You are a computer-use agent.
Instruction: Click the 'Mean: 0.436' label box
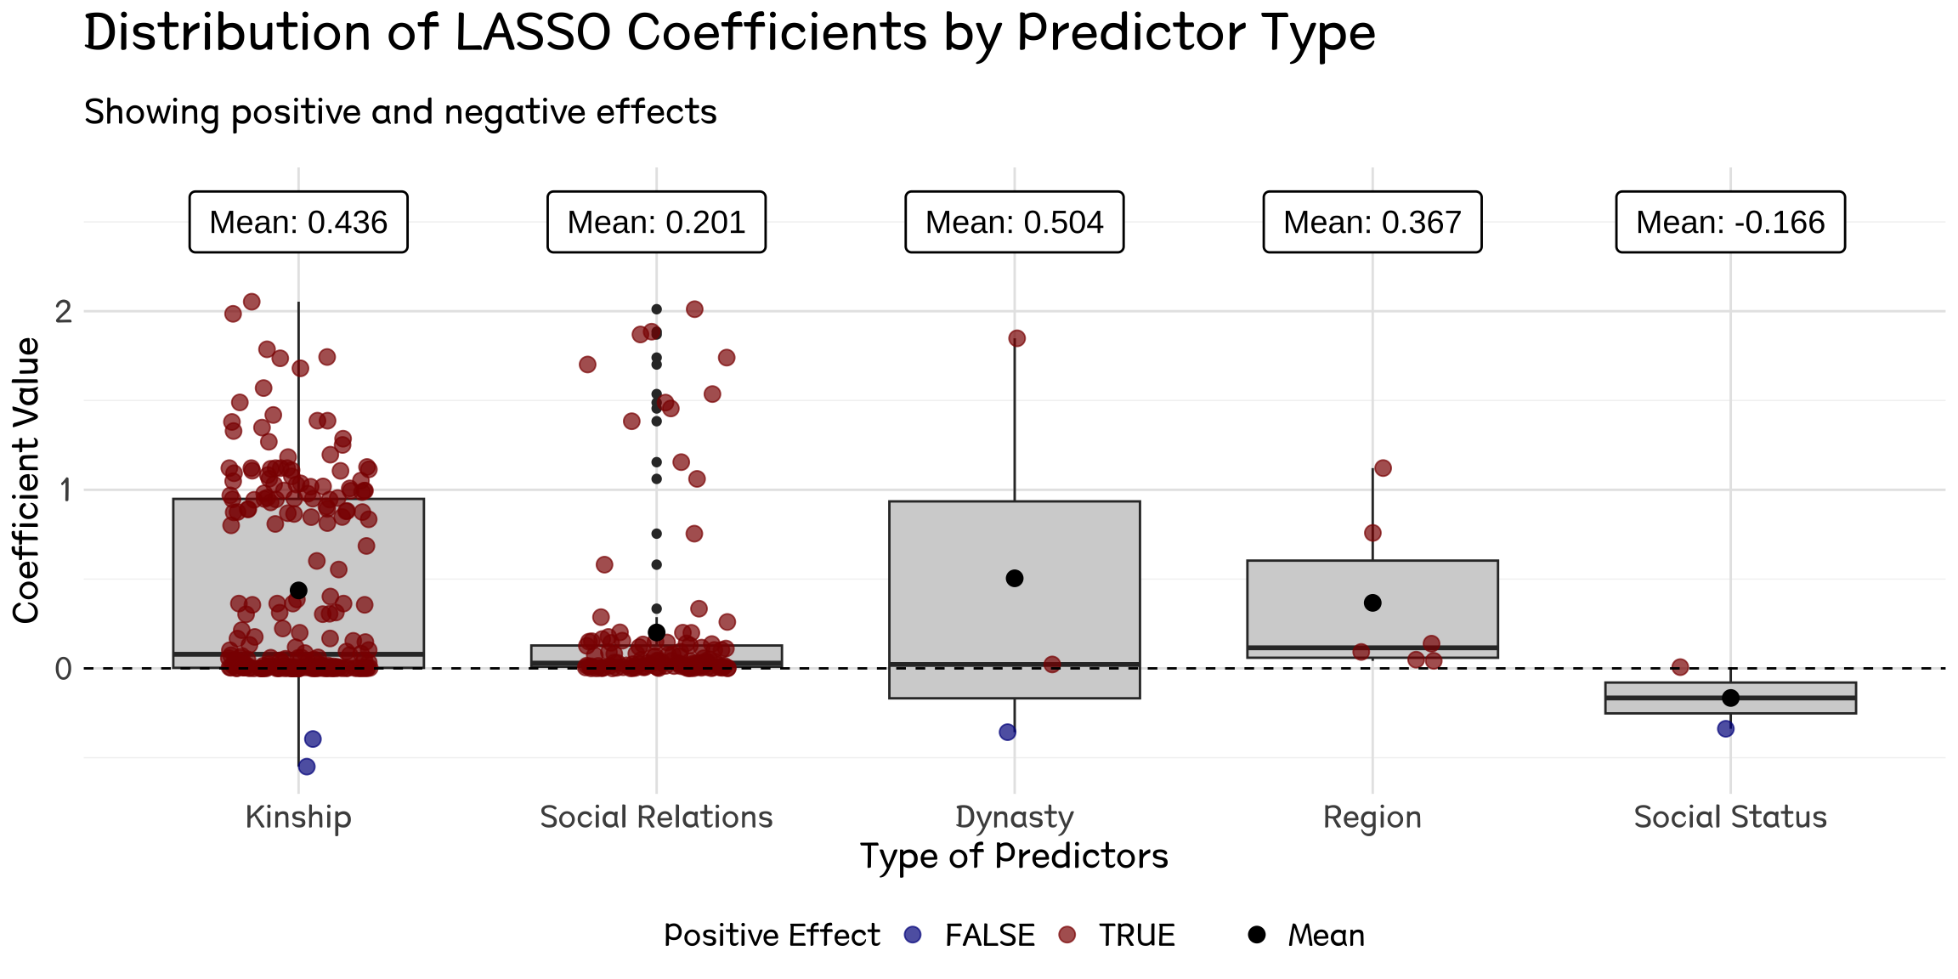(298, 222)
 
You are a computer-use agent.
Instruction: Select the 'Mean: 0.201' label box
(656, 222)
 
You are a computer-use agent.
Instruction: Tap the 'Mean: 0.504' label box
(1014, 222)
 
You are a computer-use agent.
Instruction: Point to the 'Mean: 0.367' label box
(1372, 222)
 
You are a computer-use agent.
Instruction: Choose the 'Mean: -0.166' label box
(1730, 222)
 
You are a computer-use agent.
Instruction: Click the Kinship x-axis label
(298, 817)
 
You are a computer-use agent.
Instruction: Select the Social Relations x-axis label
(656, 817)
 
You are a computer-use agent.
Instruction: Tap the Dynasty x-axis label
(1014, 817)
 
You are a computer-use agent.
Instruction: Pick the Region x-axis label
(1372, 817)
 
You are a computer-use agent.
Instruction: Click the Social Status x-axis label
(1730, 817)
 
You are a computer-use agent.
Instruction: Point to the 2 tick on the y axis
(64, 312)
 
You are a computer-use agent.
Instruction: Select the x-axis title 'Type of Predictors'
(1014, 856)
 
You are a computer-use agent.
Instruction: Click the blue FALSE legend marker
(913, 935)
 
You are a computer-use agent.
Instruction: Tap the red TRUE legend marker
(1067, 935)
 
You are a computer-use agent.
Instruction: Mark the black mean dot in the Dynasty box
(1014, 578)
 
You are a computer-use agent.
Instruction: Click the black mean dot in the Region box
(1372, 603)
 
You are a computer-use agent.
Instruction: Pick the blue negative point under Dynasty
(1008, 732)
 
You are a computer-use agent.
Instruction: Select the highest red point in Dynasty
(1016, 338)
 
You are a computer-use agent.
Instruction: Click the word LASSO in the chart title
(533, 34)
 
